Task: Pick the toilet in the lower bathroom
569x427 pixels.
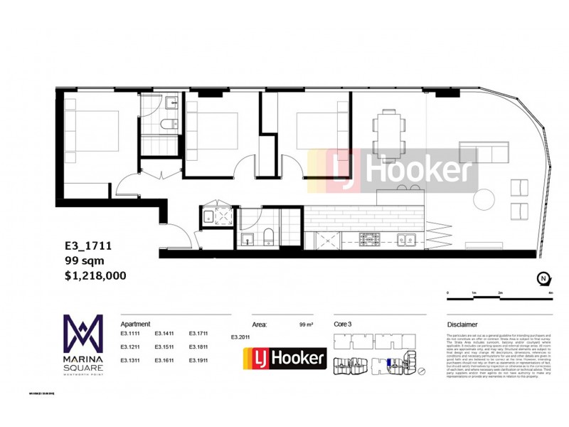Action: click(270, 237)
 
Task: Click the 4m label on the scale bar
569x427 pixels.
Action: click(551, 292)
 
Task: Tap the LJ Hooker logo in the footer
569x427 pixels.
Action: click(284, 358)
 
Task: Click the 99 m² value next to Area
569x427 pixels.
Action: click(306, 324)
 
